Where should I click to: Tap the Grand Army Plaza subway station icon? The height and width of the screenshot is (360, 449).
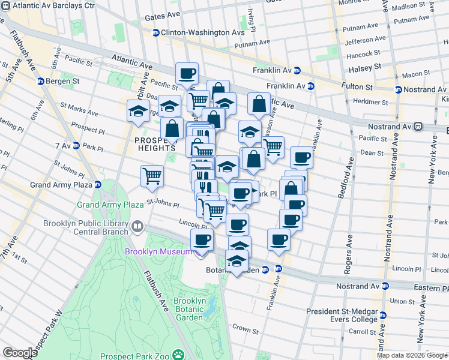pos(97,184)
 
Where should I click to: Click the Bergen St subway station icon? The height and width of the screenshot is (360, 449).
pos(40,81)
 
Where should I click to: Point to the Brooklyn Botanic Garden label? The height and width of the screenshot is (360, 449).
pos(190,305)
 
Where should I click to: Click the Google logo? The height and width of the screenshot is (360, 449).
pos(20,353)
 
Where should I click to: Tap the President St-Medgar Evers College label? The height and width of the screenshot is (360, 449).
pos(342,315)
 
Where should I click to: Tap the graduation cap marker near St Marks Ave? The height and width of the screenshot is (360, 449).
pos(138,112)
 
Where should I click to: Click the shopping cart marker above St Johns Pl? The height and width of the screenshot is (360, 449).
pos(152,176)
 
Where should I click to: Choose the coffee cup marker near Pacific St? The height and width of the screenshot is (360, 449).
pos(187,74)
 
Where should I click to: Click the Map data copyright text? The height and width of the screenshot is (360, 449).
pos(412,355)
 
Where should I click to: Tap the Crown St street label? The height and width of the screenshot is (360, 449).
pos(245,329)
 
